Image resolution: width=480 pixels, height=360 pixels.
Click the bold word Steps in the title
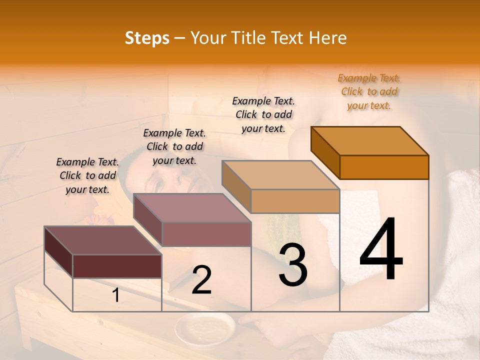tap(147, 38)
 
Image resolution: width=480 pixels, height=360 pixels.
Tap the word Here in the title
tap(328, 38)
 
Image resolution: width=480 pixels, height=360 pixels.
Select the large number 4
tap(381, 249)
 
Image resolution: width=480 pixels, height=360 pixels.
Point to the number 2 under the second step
tap(202, 280)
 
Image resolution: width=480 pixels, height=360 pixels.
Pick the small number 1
tap(116, 295)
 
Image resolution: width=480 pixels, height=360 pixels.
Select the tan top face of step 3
tap(280, 175)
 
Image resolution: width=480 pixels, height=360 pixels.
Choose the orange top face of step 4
tap(370, 141)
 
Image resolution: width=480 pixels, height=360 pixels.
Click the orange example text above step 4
tap(369, 91)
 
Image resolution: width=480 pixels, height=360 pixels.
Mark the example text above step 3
tap(264, 114)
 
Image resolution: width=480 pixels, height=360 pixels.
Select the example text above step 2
tap(174, 146)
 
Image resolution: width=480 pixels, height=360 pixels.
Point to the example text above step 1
tap(87, 175)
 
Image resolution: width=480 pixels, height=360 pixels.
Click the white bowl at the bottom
tap(204, 329)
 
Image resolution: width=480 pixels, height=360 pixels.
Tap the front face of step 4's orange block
tap(384, 167)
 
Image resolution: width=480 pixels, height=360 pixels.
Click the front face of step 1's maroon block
tap(117, 266)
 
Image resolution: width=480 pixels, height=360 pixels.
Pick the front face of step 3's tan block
tap(295, 201)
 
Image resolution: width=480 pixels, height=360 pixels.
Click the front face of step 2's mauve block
tap(206, 234)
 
